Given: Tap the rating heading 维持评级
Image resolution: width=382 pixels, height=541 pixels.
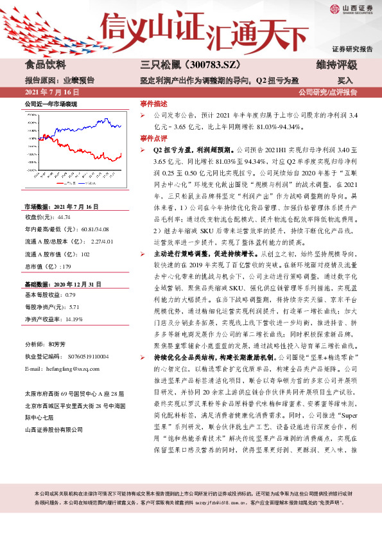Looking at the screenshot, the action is pyautogui.click(x=336, y=66).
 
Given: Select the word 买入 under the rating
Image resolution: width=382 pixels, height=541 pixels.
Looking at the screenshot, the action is pyautogui.click(x=345, y=80).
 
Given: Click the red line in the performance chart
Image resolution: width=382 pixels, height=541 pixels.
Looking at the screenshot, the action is pyautogui.click(x=112, y=157).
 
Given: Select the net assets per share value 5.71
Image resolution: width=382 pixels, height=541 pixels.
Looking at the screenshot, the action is pyautogui.click(x=73, y=288).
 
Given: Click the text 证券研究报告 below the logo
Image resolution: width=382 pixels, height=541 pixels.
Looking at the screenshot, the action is pyautogui.click(x=352, y=49).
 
